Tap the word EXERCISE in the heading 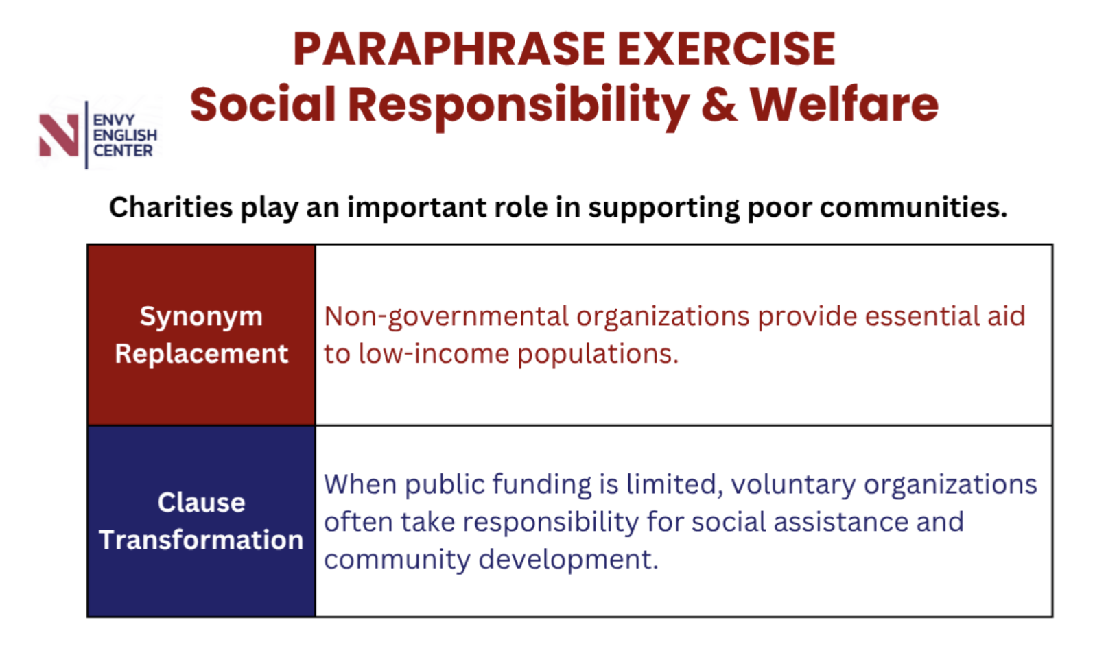point(727,49)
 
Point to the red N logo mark point(59,135)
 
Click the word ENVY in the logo point(114,120)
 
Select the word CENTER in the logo point(123,150)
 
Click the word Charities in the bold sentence point(171,207)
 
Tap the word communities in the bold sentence point(913,207)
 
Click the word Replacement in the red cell point(202,353)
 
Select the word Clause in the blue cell point(202,503)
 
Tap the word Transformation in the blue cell point(202,539)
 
